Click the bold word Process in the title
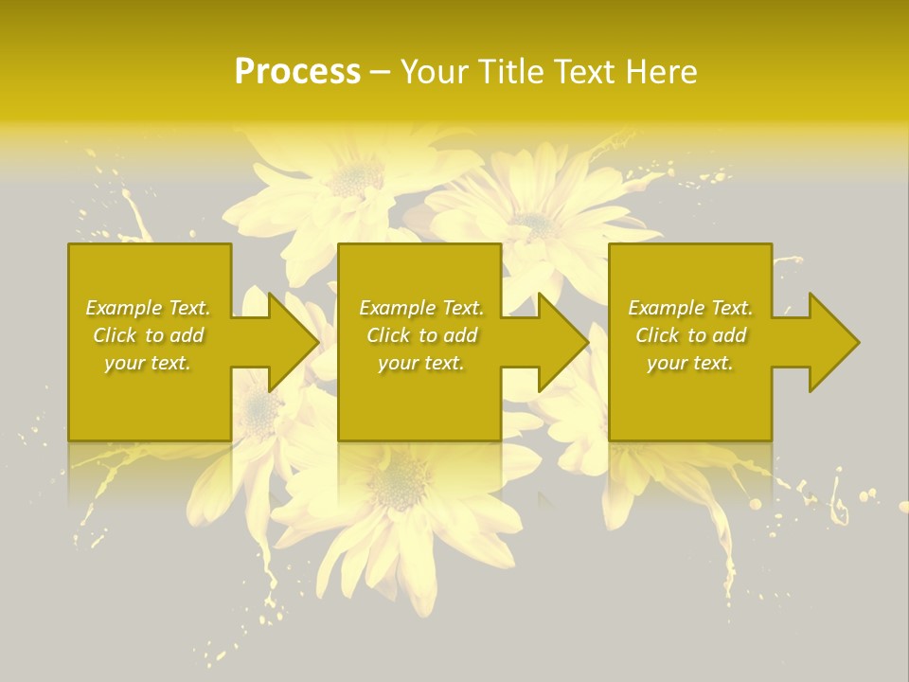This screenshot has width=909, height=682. click(x=297, y=72)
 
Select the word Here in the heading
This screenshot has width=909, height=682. click(x=659, y=72)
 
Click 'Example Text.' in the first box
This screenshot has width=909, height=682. click(x=148, y=308)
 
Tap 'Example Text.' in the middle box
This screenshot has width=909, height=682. click(x=421, y=308)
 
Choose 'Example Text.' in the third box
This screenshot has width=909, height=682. click(x=690, y=308)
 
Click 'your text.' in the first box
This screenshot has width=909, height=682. click(x=148, y=363)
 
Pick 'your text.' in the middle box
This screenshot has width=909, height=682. click(x=421, y=363)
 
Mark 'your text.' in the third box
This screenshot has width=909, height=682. click(x=690, y=363)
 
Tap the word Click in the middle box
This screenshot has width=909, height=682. click(x=389, y=335)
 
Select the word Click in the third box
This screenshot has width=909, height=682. click(x=658, y=335)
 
